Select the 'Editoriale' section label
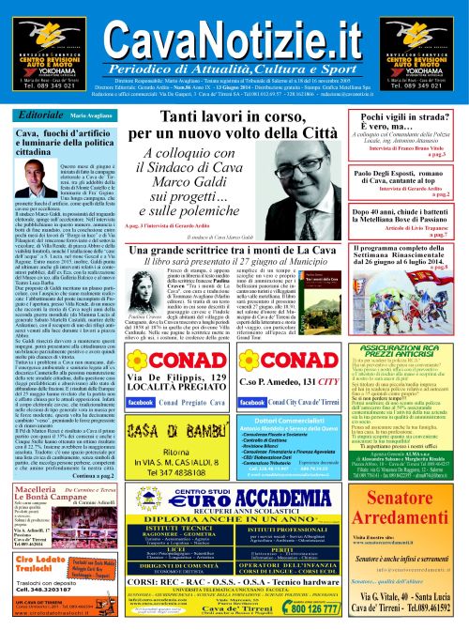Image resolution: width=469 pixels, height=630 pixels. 39,114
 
